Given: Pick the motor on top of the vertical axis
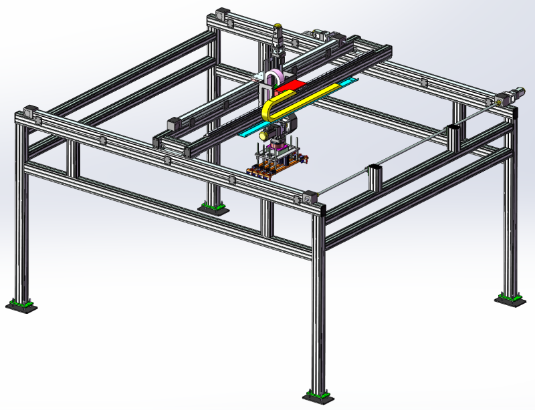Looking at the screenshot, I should coord(278,33).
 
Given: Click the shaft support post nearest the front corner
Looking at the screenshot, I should coord(373,176).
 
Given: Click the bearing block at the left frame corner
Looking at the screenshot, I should coord(29,112).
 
